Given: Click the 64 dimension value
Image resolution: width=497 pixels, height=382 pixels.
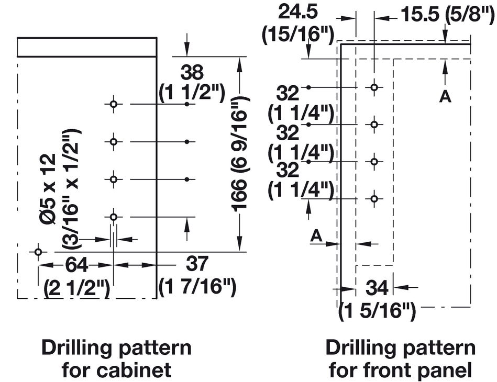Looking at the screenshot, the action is (76, 264).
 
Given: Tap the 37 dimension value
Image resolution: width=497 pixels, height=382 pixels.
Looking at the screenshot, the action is (197, 263).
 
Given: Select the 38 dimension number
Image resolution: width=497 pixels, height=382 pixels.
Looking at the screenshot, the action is (192, 72).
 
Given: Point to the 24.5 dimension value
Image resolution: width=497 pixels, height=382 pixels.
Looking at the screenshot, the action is (297, 13).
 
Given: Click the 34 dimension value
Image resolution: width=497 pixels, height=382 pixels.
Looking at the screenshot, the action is (377, 288).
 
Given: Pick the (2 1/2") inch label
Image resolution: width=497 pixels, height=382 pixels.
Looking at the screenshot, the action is (77, 288).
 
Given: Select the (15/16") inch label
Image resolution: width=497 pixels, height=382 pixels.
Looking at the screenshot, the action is (298, 34).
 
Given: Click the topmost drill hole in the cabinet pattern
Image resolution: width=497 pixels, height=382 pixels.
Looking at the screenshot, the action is (114, 104).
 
